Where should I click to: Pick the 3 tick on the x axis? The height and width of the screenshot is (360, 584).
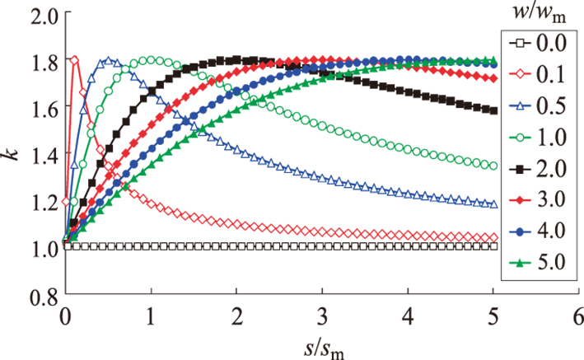[x=323, y=315]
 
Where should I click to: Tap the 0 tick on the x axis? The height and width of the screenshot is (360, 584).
[x=64, y=315]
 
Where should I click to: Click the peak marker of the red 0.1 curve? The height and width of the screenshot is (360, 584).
[x=74, y=60]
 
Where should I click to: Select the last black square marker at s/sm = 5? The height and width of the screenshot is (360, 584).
[x=494, y=110]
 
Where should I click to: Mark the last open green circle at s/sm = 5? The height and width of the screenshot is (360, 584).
[x=494, y=166]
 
